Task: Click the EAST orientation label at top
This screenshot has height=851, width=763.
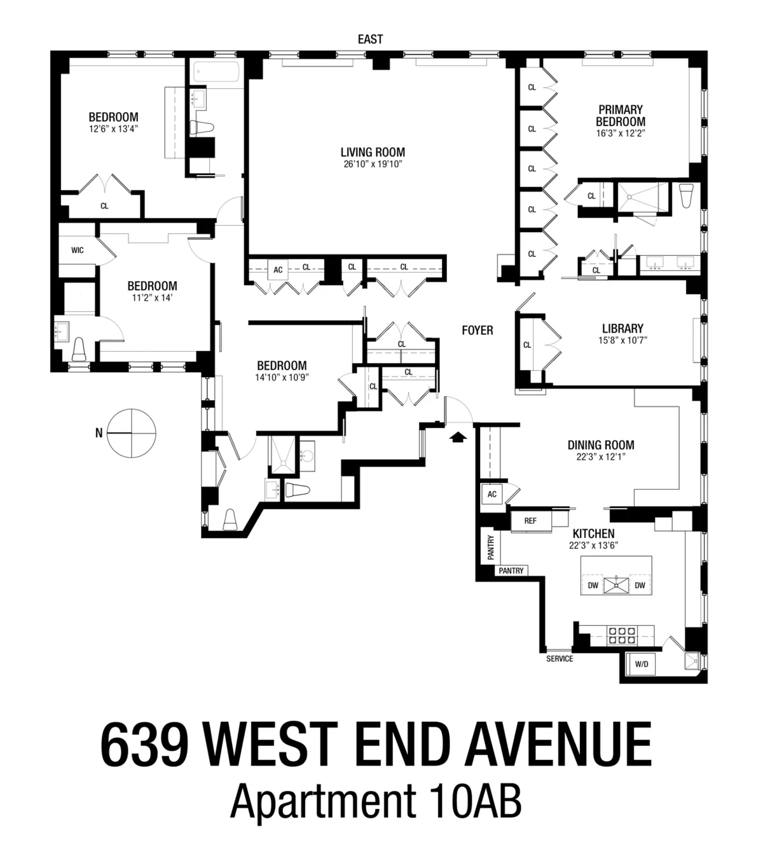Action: pos(370,39)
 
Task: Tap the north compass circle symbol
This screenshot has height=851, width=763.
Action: pos(130,432)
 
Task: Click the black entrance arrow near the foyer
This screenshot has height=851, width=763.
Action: pos(457,436)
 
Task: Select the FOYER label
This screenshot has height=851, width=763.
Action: pos(477,330)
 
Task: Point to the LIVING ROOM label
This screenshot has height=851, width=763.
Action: pos(373,153)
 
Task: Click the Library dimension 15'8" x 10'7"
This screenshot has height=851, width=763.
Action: pos(622,340)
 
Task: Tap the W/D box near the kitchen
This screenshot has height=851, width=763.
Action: pos(642,665)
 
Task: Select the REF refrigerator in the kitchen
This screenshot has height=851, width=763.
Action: pos(530,521)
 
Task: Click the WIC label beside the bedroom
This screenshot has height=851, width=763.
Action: pos(77,250)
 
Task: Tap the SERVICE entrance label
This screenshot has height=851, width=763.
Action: pos(560,659)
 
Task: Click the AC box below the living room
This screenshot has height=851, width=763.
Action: pos(278,270)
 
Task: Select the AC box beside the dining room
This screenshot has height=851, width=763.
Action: pos(492,494)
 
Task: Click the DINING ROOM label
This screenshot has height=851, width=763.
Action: pos(601,445)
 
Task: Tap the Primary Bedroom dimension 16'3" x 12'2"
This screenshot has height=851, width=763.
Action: pos(620,134)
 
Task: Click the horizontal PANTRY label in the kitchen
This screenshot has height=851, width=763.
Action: pos(511,571)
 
